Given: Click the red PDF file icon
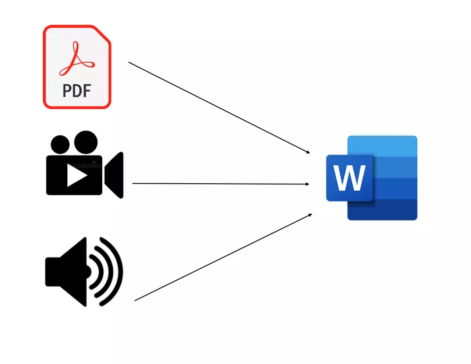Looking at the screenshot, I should pos(77,67).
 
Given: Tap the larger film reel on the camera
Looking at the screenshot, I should pos(85,142).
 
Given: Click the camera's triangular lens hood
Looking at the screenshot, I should pos(114,175).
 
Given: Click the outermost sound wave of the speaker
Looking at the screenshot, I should pos(116,272).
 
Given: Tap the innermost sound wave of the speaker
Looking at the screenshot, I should pos(94,272).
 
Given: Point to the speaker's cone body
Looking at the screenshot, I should pos(71,272).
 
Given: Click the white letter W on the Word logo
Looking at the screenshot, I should pos(349,178).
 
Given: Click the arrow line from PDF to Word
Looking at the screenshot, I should pos(219,107).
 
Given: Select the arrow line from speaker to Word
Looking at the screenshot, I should pos(223,258).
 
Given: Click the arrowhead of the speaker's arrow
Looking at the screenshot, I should pos(310,215).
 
